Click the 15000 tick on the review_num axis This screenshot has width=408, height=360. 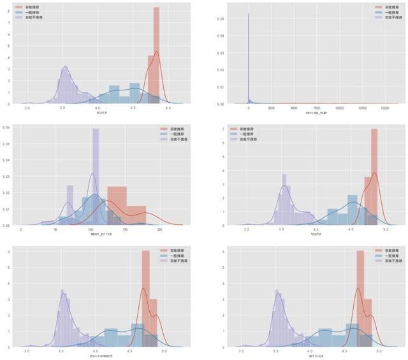[385, 108]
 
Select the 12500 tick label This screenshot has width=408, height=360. [362, 108]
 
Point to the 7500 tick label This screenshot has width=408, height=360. [317, 108]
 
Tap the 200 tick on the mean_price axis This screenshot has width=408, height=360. [160, 230]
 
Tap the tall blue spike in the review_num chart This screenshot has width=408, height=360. [248, 57]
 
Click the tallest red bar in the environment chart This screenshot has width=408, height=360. [145, 299]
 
